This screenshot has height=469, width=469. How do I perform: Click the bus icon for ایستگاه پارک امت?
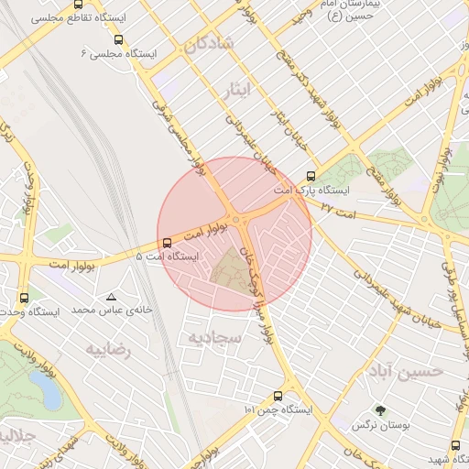click(311, 176)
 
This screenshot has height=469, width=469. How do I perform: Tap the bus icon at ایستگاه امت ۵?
click(167, 243)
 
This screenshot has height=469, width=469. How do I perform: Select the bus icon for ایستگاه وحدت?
click(24, 298)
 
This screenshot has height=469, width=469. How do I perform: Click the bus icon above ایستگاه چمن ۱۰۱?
click(278, 396)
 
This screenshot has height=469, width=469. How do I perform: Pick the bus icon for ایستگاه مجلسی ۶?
click(118, 39)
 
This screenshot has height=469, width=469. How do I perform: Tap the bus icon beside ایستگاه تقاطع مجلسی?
click(78, 5)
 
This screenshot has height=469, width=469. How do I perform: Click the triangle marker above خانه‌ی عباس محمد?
click(112, 297)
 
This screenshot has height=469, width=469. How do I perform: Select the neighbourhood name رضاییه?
click(109, 350)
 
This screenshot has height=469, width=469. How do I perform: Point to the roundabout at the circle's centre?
click(241, 221)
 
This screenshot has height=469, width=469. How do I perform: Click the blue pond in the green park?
click(46, 391)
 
